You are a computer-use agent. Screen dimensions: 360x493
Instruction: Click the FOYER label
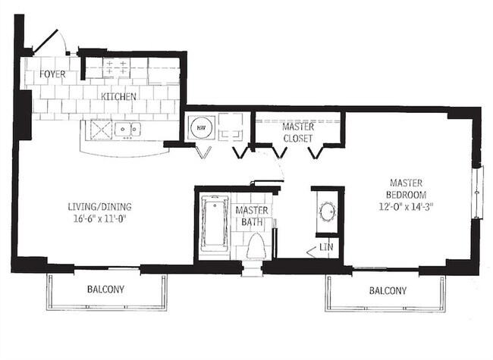(x=52, y=75)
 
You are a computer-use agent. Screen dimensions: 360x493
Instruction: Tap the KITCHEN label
(x=119, y=96)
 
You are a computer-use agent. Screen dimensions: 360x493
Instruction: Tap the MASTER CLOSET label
(x=298, y=133)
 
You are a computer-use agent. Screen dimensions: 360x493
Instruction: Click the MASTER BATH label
(x=249, y=216)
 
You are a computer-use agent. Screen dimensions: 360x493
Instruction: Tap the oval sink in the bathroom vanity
(x=327, y=211)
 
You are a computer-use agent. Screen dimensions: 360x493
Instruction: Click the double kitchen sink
(x=127, y=130)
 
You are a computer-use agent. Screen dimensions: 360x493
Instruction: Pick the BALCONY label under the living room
(x=105, y=290)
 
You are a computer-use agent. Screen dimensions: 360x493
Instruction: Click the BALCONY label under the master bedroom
(x=388, y=290)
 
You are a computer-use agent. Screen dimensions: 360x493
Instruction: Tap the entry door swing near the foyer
(x=50, y=42)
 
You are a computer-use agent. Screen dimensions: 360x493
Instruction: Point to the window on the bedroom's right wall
(x=477, y=193)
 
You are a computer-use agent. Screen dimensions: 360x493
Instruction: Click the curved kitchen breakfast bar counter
(x=125, y=149)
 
